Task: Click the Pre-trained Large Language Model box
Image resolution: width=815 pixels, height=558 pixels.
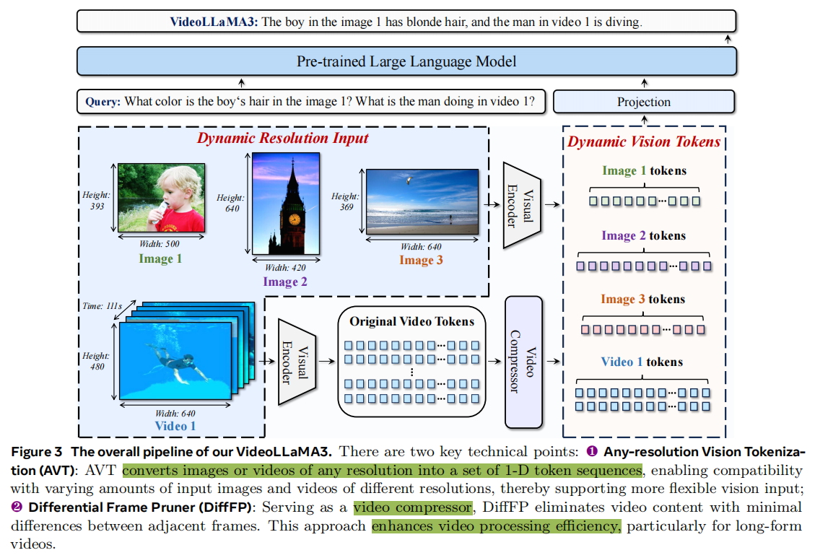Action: [x=406, y=61]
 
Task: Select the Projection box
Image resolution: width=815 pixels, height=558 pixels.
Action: [x=643, y=102]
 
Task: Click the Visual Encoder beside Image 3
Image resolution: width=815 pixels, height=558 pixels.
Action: [x=521, y=205]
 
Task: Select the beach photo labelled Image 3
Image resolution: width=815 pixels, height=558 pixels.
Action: [x=422, y=201]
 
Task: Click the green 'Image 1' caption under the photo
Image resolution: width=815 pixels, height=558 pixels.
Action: [x=160, y=259]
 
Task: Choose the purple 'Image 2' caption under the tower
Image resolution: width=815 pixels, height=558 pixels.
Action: [x=284, y=282]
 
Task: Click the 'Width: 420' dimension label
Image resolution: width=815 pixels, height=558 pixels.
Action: [x=285, y=269]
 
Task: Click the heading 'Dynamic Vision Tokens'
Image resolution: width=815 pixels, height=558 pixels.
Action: [x=644, y=141]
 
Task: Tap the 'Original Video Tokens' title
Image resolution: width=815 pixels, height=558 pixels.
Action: [x=412, y=321]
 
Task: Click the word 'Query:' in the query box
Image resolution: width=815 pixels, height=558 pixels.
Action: [x=103, y=102]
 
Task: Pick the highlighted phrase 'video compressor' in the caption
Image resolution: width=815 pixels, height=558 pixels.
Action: [x=413, y=507]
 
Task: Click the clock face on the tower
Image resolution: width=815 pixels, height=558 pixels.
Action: [x=294, y=219]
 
